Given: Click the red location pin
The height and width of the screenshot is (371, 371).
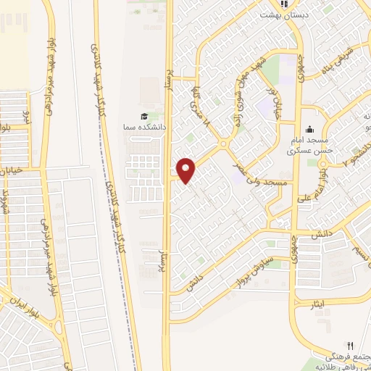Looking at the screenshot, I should (x=186, y=170).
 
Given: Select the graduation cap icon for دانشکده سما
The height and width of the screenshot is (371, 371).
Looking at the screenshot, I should (x=143, y=117).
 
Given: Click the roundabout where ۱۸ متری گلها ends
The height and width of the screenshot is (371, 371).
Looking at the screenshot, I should (x=222, y=144).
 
